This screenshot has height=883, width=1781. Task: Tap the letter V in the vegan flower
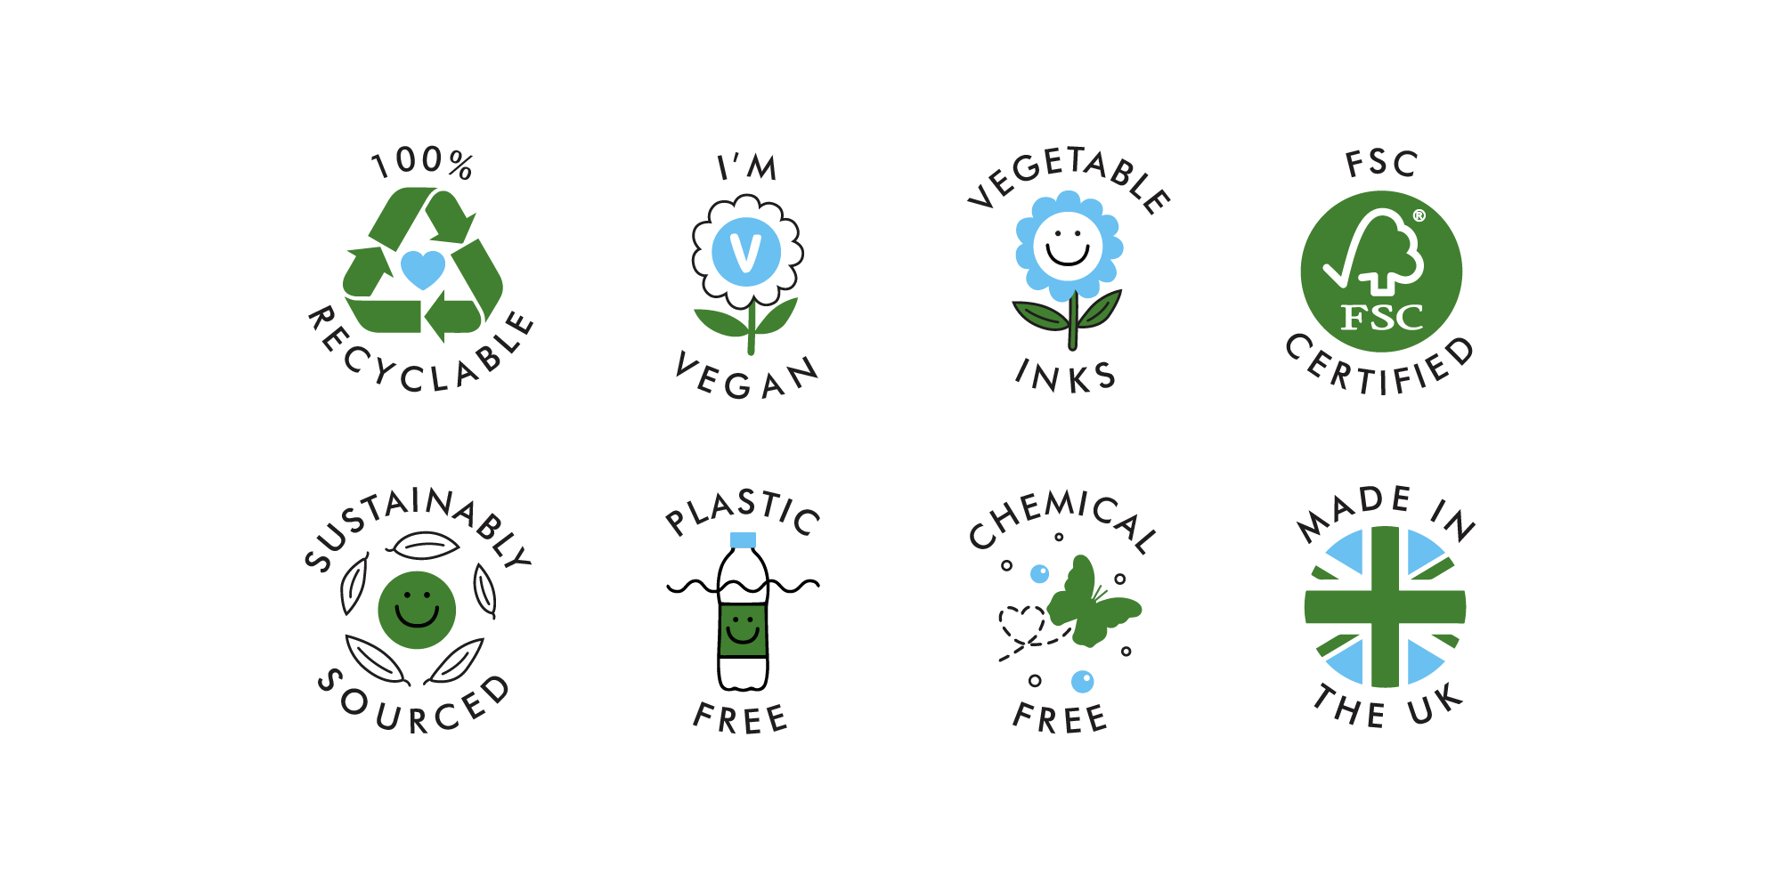click(x=745, y=253)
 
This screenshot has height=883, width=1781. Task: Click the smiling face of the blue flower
click(x=1068, y=247)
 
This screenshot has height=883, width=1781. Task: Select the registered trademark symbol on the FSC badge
click(x=1419, y=215)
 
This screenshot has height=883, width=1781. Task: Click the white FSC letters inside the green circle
click(x=1382, y=317)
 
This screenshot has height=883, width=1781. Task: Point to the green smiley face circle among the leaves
click(x=417, y=610)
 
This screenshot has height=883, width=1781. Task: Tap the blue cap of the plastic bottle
click(x=743, y=539)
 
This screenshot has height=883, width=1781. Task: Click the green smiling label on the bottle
click(x=743, y=630)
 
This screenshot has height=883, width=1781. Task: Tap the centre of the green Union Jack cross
click(x=1385, y=607)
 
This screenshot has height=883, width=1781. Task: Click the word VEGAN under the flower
click(x=746, y=377)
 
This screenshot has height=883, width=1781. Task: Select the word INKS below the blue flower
click(x=1066, y=376)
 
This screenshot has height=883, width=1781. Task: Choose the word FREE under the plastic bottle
click(x=741, y=718)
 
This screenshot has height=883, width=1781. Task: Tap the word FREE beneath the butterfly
click(x=1060, y=717)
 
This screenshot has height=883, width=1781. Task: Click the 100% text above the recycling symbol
click(x=422, y=162)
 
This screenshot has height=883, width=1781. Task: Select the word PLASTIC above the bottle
click(x=743, y=511)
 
